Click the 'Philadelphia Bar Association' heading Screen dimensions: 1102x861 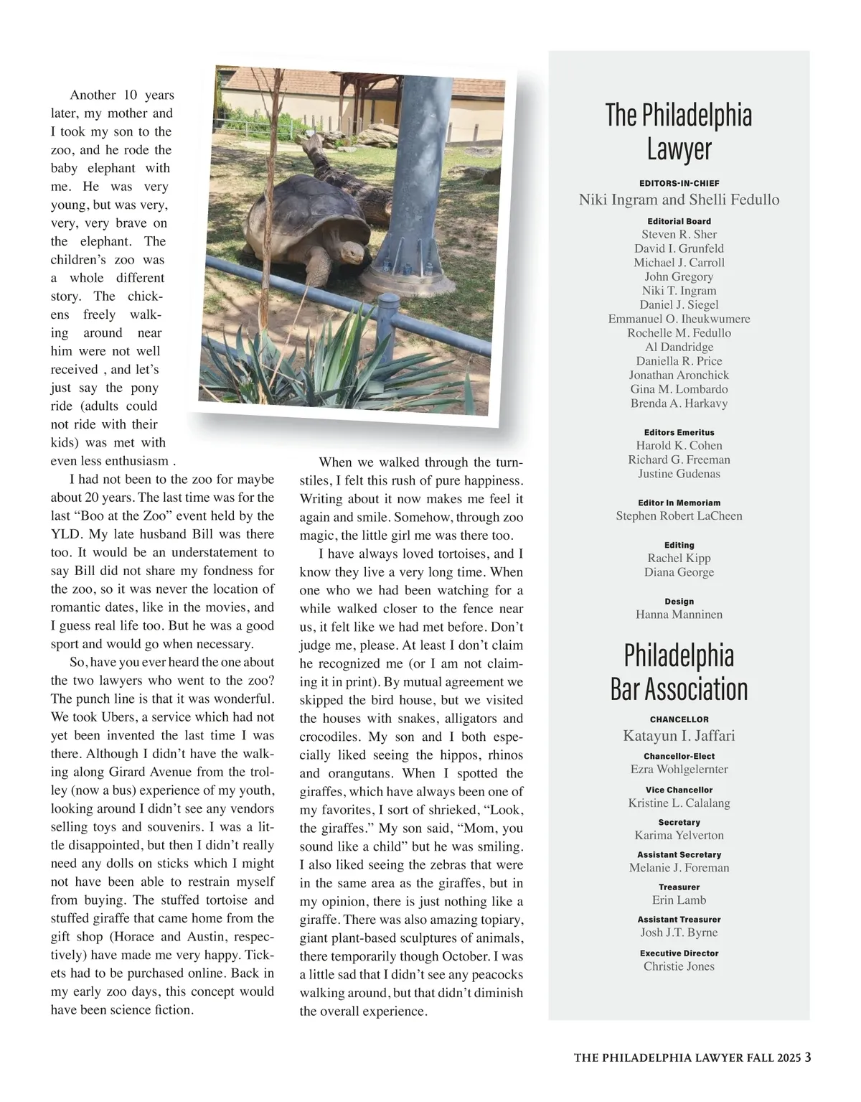(679, 672)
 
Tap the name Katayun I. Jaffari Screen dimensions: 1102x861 (679, 736)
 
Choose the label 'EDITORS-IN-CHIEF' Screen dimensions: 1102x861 (679, 183)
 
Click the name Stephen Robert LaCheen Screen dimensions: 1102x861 (679, 516)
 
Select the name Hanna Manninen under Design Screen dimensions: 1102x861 (679, 615)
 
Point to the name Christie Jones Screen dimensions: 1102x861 (679, 966)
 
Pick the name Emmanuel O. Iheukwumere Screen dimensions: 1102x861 (679, 319)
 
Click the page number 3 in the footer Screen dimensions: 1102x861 (808, 1057)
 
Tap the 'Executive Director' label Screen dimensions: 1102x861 (679, 953)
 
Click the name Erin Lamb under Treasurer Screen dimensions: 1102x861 (679, 900)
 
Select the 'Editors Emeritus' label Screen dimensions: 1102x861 (679, 432)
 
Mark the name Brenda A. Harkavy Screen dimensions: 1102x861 (679, 403)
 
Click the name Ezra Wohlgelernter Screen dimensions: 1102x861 (679, 770)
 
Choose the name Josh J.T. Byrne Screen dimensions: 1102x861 (679, 933)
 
